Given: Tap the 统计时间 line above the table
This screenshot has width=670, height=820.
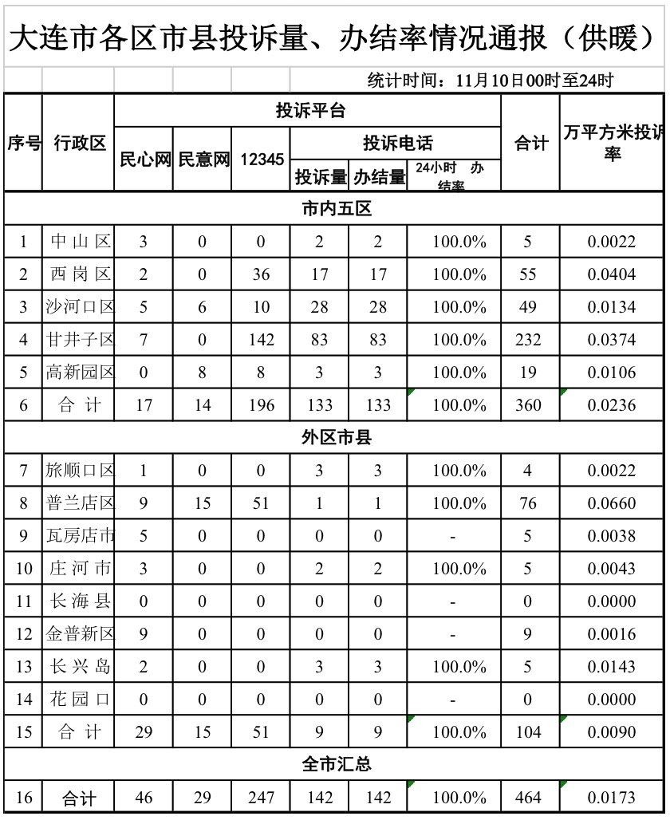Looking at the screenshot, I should tap(490, 81).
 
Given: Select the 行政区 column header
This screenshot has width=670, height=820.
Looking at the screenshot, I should tap(79, 144).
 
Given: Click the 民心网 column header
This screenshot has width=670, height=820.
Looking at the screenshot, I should tap(145, 160).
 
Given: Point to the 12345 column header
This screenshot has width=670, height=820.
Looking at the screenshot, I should tap(262, 160).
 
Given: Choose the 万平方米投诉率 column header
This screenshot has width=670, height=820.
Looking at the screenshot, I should tap(612, 143).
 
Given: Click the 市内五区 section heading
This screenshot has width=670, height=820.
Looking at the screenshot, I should tap(337, 209).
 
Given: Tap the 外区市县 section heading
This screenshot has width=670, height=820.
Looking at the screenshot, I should tap(337, 438).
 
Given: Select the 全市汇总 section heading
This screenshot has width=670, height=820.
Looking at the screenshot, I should tap(337, 764).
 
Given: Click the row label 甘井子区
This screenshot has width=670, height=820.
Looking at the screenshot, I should tap(80, 340).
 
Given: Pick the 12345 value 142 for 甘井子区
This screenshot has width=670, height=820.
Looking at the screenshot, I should tap(262, 340).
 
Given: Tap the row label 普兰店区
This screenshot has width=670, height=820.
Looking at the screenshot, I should tap(80, 503).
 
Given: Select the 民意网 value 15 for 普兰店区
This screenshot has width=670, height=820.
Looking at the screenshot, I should tap(203, 503).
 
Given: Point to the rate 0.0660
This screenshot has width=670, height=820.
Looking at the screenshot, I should tap(612, 503).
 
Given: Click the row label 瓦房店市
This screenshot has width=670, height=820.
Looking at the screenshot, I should tap(80, 536).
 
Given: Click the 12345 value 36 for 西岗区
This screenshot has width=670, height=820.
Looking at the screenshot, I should tap(262, 274).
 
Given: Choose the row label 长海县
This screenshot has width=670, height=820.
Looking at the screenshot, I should tap(80, 601).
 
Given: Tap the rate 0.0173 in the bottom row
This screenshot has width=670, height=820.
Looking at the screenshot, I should tap(612, 798).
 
